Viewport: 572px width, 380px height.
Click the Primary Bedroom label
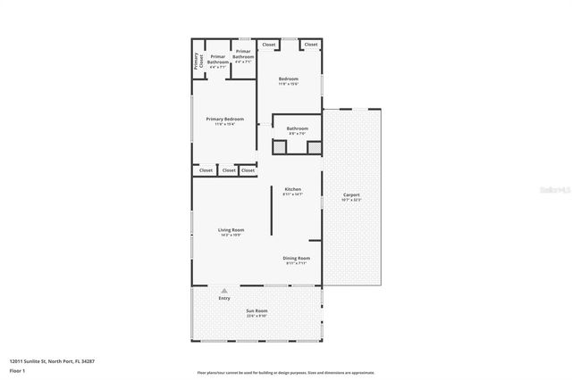pos(224,119)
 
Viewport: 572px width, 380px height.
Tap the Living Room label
pos(231,229)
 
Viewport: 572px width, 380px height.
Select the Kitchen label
pos(293,189)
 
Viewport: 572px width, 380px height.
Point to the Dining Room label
pos(297,258)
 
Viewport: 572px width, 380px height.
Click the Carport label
pos(350,194)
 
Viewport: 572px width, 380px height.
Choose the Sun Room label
pos(257,311)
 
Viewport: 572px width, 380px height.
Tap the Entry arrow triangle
pos(224,291)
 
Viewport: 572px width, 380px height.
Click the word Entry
pos(224,298)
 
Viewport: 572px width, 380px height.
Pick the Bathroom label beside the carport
pos(298,128)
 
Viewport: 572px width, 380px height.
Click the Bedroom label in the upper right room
pos(288,78)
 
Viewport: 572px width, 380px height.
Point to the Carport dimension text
pos(350,200)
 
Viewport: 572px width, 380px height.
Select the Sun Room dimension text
pos(257,317)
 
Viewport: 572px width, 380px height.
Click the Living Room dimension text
pos(231,235)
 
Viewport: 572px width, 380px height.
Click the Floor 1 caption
pos(17,370)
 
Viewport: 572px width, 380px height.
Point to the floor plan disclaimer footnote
pos(285,373)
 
